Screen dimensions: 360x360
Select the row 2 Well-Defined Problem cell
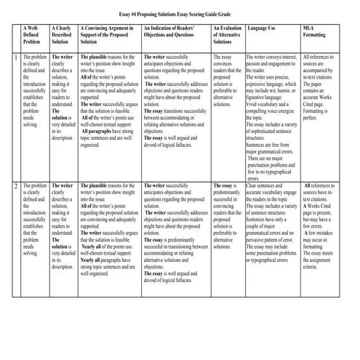point(35,218)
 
